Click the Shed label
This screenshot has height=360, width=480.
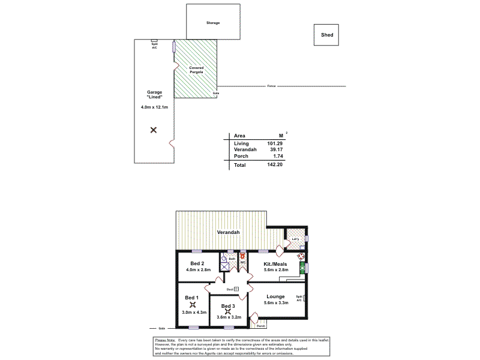click(327, 35)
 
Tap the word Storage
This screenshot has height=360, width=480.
click(213, 23)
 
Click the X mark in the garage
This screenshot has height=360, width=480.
click(154, 130)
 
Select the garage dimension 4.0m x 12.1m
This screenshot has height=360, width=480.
click(154, 107)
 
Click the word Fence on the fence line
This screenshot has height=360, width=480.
click(271, 86)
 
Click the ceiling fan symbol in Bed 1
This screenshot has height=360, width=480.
click(193, 304)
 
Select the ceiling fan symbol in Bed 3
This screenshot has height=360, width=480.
click(228, 311)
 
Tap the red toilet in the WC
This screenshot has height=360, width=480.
click(243, 262)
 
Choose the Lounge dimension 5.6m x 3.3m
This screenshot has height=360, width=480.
click(276, 303)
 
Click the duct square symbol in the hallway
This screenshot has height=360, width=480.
click(236, 289)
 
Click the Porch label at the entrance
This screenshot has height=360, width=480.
click(260, 326)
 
